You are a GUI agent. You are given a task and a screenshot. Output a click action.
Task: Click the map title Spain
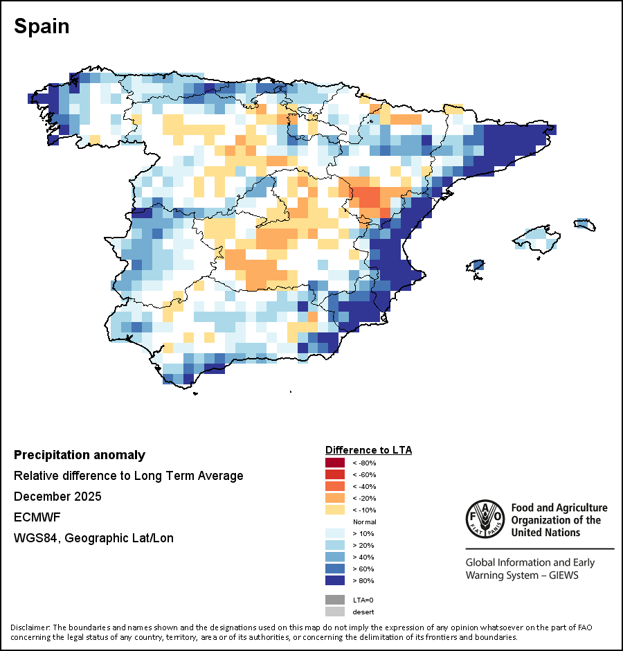(42, 27)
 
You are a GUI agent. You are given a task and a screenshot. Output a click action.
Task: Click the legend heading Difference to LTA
(368, 450)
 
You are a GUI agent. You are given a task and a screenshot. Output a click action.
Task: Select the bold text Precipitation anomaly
(80, 455)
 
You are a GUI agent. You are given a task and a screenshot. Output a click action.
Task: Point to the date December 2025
(57, 497)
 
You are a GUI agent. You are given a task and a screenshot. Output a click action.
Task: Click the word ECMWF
(33, 517)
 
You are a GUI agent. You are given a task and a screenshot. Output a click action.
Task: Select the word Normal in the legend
(364, 521)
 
